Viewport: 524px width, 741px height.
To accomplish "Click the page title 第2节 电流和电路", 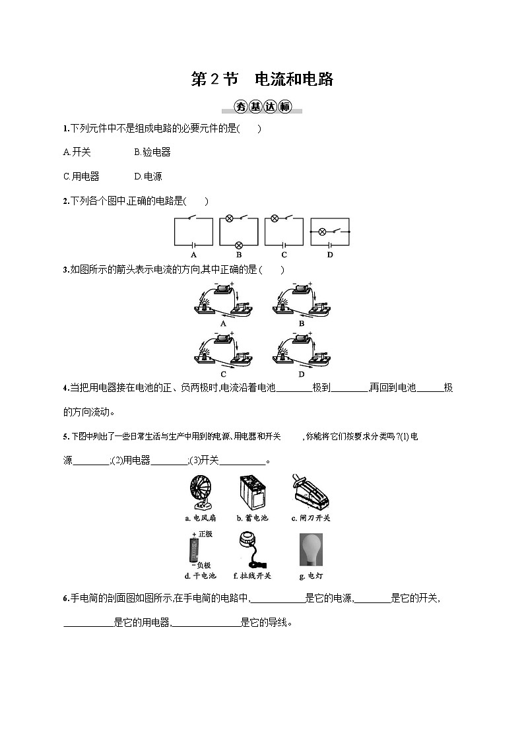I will tap(262, 80).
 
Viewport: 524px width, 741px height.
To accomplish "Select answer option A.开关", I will tap(77, 152).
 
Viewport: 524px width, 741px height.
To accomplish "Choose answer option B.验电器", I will tap(152, 152).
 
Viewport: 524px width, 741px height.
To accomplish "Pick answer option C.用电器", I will tap(81, 176).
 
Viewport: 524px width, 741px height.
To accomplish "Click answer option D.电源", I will tap(148, 176).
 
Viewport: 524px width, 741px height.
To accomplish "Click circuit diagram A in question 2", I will tap(193, 232).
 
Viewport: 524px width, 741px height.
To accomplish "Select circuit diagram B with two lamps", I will tap(239, 232).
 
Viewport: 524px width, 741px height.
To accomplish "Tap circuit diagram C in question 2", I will tap(284, 232).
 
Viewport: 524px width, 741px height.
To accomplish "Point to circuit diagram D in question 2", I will tap(329, 232).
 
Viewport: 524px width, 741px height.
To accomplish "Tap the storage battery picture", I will tap(253, 492).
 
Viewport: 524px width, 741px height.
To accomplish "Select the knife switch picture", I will tap(310, 492).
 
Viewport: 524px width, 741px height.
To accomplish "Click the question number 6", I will tap(65, 598).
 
